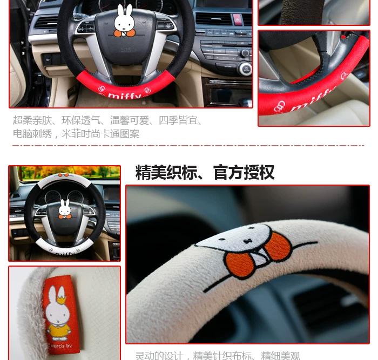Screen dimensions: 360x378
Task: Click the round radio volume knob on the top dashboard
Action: point(245,69)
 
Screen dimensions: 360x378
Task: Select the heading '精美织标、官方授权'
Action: point(205,172)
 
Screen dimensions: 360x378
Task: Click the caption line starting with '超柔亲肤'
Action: point(107,120)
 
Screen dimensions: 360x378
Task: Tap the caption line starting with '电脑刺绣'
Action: point(76,134)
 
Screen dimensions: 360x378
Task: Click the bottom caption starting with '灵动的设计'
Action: point(217,355)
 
